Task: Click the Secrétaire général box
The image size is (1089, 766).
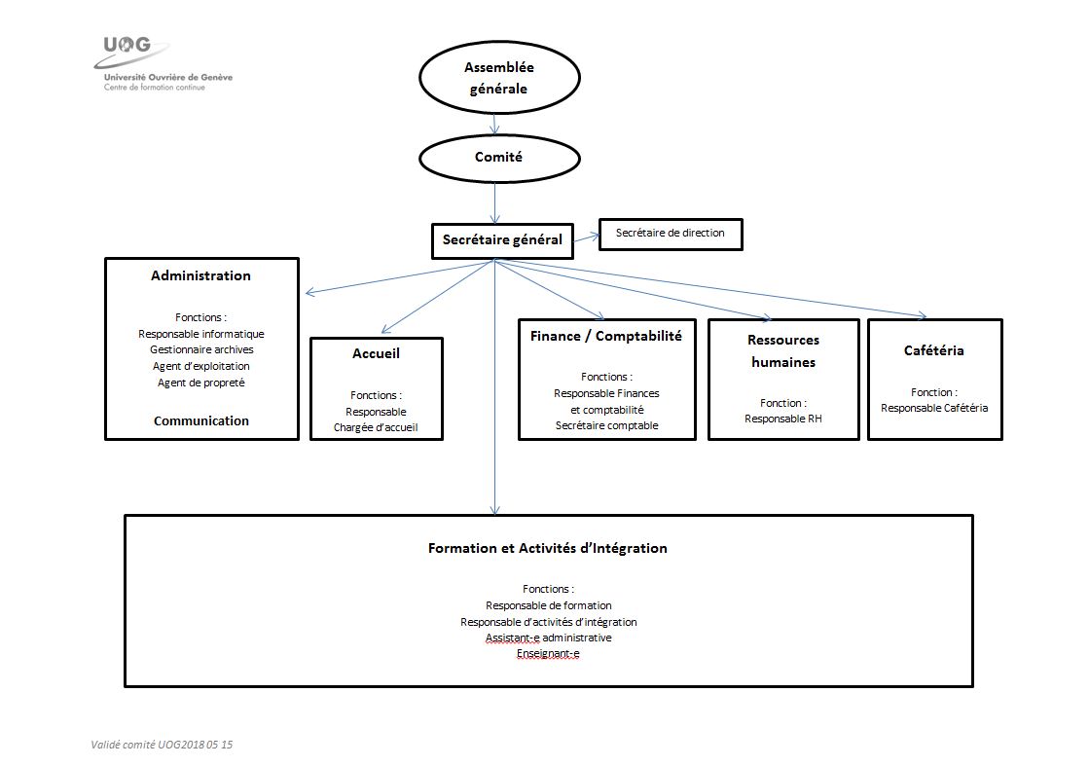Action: pos(502,241)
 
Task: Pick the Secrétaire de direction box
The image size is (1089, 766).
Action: pos(671,234)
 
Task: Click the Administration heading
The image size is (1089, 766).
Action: pos(200,275)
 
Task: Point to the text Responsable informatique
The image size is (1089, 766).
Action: pos(201,334)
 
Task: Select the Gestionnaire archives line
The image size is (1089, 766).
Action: pos(201,350)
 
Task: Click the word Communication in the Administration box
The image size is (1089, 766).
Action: pos(201,420)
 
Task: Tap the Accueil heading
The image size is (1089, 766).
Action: pos(376,353)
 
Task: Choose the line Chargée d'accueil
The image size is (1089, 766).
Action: pos(376,428)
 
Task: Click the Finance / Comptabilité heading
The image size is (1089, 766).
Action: pos(606,336)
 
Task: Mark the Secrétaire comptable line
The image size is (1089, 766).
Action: pos(607,425)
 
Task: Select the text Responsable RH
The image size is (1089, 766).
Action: pos(783,419)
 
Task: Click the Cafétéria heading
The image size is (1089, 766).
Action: pos(934,350)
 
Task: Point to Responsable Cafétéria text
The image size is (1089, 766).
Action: pos(934,409)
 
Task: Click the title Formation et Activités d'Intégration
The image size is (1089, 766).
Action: pos(547,548)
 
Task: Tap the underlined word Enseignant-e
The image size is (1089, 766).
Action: pos(548,653)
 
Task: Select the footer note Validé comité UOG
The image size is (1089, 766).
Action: pos(162,745)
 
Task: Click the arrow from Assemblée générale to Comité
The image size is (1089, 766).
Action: pos(495,125)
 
